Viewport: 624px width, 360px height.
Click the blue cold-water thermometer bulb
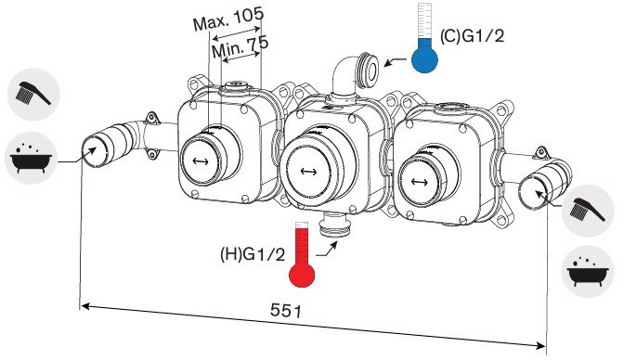point(425,60)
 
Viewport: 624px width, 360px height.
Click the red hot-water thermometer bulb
point(302,274)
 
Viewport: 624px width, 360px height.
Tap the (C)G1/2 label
point(472,36)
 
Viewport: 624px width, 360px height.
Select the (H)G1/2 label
point(253,254)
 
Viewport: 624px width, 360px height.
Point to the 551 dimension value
point(286,311)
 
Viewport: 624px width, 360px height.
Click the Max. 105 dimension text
point(228,19)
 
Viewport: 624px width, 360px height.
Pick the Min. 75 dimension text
point(240,47)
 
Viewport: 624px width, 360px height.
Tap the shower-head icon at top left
point(33,95)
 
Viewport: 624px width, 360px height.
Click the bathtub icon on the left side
point(31,158)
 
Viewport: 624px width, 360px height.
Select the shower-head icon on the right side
point(588,211)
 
